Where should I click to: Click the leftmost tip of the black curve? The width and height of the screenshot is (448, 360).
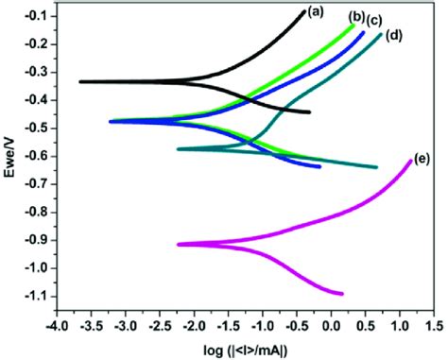point(79,81)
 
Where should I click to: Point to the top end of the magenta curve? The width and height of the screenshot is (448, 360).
point(410,161)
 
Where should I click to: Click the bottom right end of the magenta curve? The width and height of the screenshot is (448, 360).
point(342,294)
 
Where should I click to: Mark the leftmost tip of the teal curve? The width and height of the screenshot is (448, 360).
point(178,148)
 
